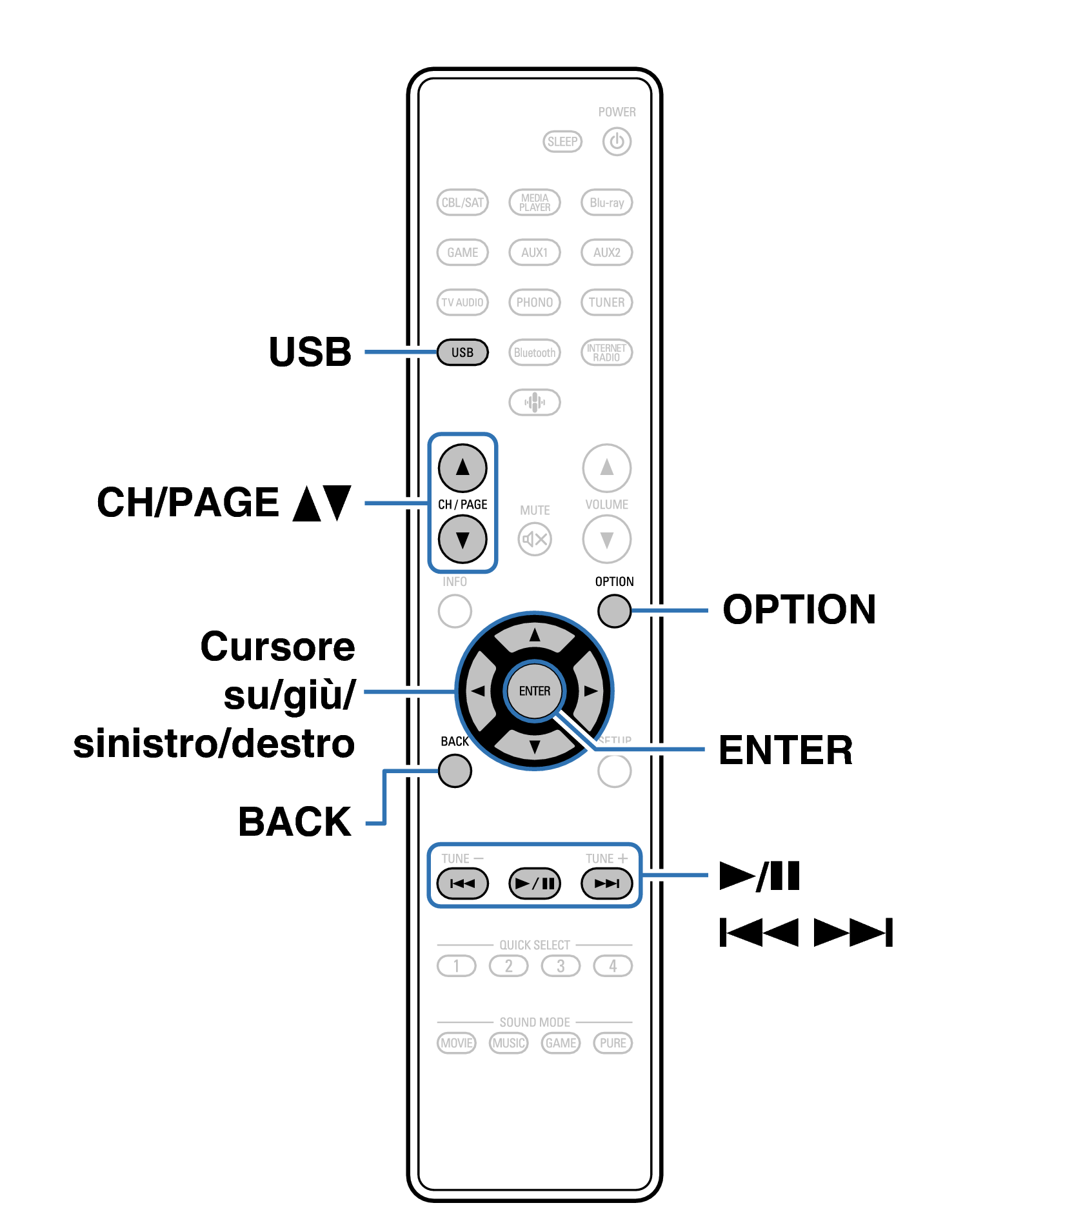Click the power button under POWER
[x=616, y=141]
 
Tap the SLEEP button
[x=562, y=141]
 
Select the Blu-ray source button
[x=606, y=202]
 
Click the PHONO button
[x=534, y=302]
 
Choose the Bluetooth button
[x=534, y=352]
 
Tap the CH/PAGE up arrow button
[x=462, y=468]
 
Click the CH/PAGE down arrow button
[x=462, y=540]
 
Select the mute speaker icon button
[x=534, y=539]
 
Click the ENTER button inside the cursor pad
[x=534, y=691]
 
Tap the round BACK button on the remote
[x=455, y=771]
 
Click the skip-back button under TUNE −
[x=462, y=884]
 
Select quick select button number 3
[x=561, y=966]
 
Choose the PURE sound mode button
[x=612, y=1043]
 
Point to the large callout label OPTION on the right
[x=799, y=609]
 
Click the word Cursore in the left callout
[x=277, y=647]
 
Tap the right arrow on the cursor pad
[x=590, y=691]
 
